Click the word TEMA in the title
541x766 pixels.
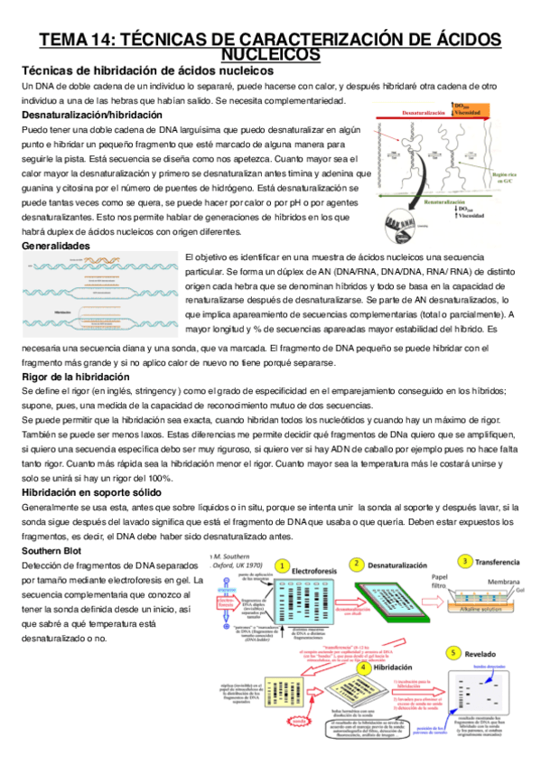[x=61, y=40]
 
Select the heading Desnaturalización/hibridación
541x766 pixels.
[x=91, y=116]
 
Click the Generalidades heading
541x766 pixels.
[x=55, y=245]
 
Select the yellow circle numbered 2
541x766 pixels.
[x=358, y=563]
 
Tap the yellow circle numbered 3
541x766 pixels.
[x=464, y=561]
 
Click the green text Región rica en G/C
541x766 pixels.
[x=515, y=177]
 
